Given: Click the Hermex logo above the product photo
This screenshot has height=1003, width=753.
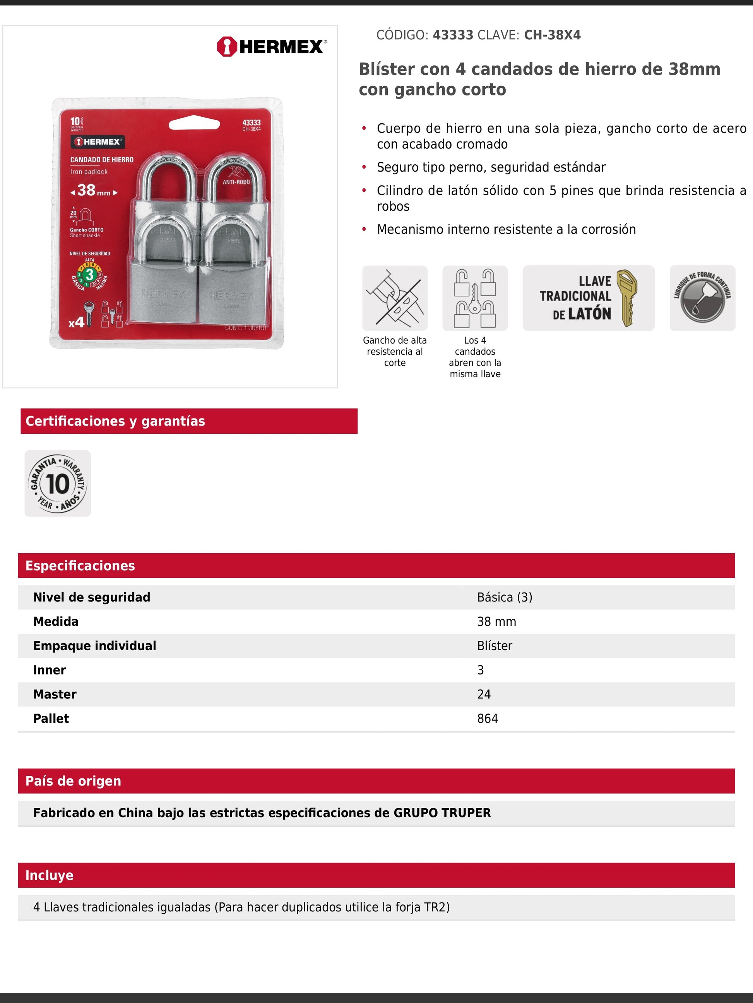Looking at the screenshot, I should coord(271,47).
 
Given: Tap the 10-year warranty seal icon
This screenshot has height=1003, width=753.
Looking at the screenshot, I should coord(58,484).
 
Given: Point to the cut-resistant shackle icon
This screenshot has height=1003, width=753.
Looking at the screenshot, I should coord(394,298).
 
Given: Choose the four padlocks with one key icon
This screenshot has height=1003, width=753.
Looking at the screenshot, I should coord(475,298).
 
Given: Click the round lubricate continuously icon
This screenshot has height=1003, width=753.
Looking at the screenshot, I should coord(702,298).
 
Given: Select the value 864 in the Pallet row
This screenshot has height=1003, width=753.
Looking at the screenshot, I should coord(488,719).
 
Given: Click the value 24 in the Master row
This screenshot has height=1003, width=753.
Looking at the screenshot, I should coord(484,694).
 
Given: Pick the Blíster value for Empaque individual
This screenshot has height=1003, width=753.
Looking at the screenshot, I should coord(494,646).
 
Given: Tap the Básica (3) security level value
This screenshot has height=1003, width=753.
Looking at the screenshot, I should coord(504,597).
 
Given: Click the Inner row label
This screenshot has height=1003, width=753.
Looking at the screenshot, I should coord(50,670).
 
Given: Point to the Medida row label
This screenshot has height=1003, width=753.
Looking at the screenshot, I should coord(56,622).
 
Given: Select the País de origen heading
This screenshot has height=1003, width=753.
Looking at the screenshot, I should coord(73,781).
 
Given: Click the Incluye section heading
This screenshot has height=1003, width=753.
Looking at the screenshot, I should coord(50,875).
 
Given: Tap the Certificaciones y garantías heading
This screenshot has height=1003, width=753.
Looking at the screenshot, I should coord(115,421).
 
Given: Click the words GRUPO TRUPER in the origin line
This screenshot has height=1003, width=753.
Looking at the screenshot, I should coord(442,813).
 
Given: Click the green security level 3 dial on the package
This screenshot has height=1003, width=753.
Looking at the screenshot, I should coord(90,275).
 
